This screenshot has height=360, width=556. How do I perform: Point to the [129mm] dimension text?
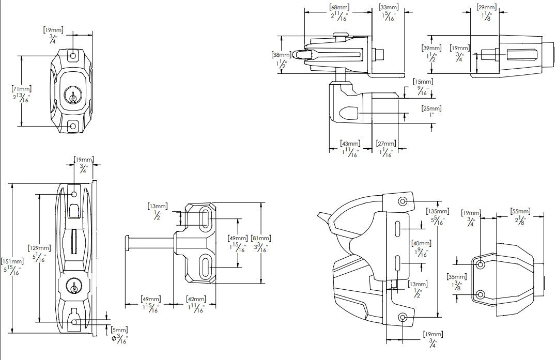(41, 248)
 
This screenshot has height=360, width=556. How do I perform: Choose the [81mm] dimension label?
(260, 239)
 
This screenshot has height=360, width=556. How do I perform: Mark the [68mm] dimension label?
(338, 7)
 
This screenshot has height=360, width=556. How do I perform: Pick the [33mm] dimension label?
(388, 7)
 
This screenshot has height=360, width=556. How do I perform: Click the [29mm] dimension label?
(486, 7)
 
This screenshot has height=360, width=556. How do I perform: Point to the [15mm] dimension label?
(423, 82)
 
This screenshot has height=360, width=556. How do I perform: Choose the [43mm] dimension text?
(350, 143)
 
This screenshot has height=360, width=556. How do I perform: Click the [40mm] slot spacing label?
(421, 243)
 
